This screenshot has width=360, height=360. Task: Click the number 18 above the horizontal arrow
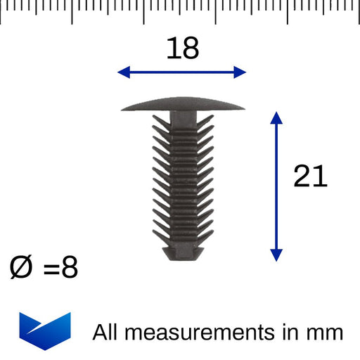click(183, 48)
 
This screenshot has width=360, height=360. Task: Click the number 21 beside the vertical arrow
click(310, 176)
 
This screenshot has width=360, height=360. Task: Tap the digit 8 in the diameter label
click(70, 267)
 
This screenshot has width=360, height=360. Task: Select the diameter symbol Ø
click(20, 267)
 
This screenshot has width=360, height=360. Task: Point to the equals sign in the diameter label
click(51, 269)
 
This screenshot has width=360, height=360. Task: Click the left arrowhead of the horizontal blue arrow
click(124, 72)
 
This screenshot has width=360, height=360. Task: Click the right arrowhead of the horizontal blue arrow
click(240, 72)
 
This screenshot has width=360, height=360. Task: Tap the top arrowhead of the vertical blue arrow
click(276, 118)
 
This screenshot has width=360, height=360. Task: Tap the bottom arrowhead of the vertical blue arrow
click(276, 255)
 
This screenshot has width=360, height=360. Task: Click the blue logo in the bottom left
click(45, 331)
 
